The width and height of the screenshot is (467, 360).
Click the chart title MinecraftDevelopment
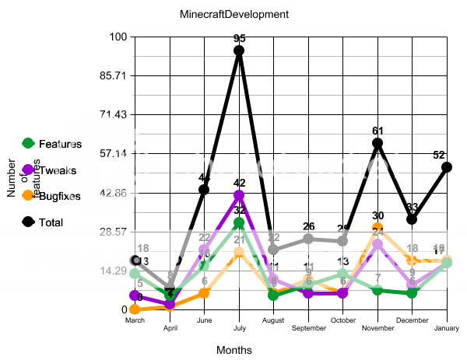tap(223, 15)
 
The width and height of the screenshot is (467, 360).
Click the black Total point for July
tap(239, 51)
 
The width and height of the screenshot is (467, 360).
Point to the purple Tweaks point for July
tap(239, 195)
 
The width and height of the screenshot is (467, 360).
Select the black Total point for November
tap(377, 143)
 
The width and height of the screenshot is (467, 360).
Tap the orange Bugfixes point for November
tap(377, 228)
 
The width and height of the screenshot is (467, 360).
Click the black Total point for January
tap(447, 166)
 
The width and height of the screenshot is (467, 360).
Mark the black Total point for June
tap(204, 190)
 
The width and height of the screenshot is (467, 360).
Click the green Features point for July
tap(239, 223)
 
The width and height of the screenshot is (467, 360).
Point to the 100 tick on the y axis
tap(119, 37)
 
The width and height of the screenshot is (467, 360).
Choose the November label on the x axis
tap(377, 328)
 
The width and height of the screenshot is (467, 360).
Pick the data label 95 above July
tap(239, 38)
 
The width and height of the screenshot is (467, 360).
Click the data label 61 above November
tap(377, 131)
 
